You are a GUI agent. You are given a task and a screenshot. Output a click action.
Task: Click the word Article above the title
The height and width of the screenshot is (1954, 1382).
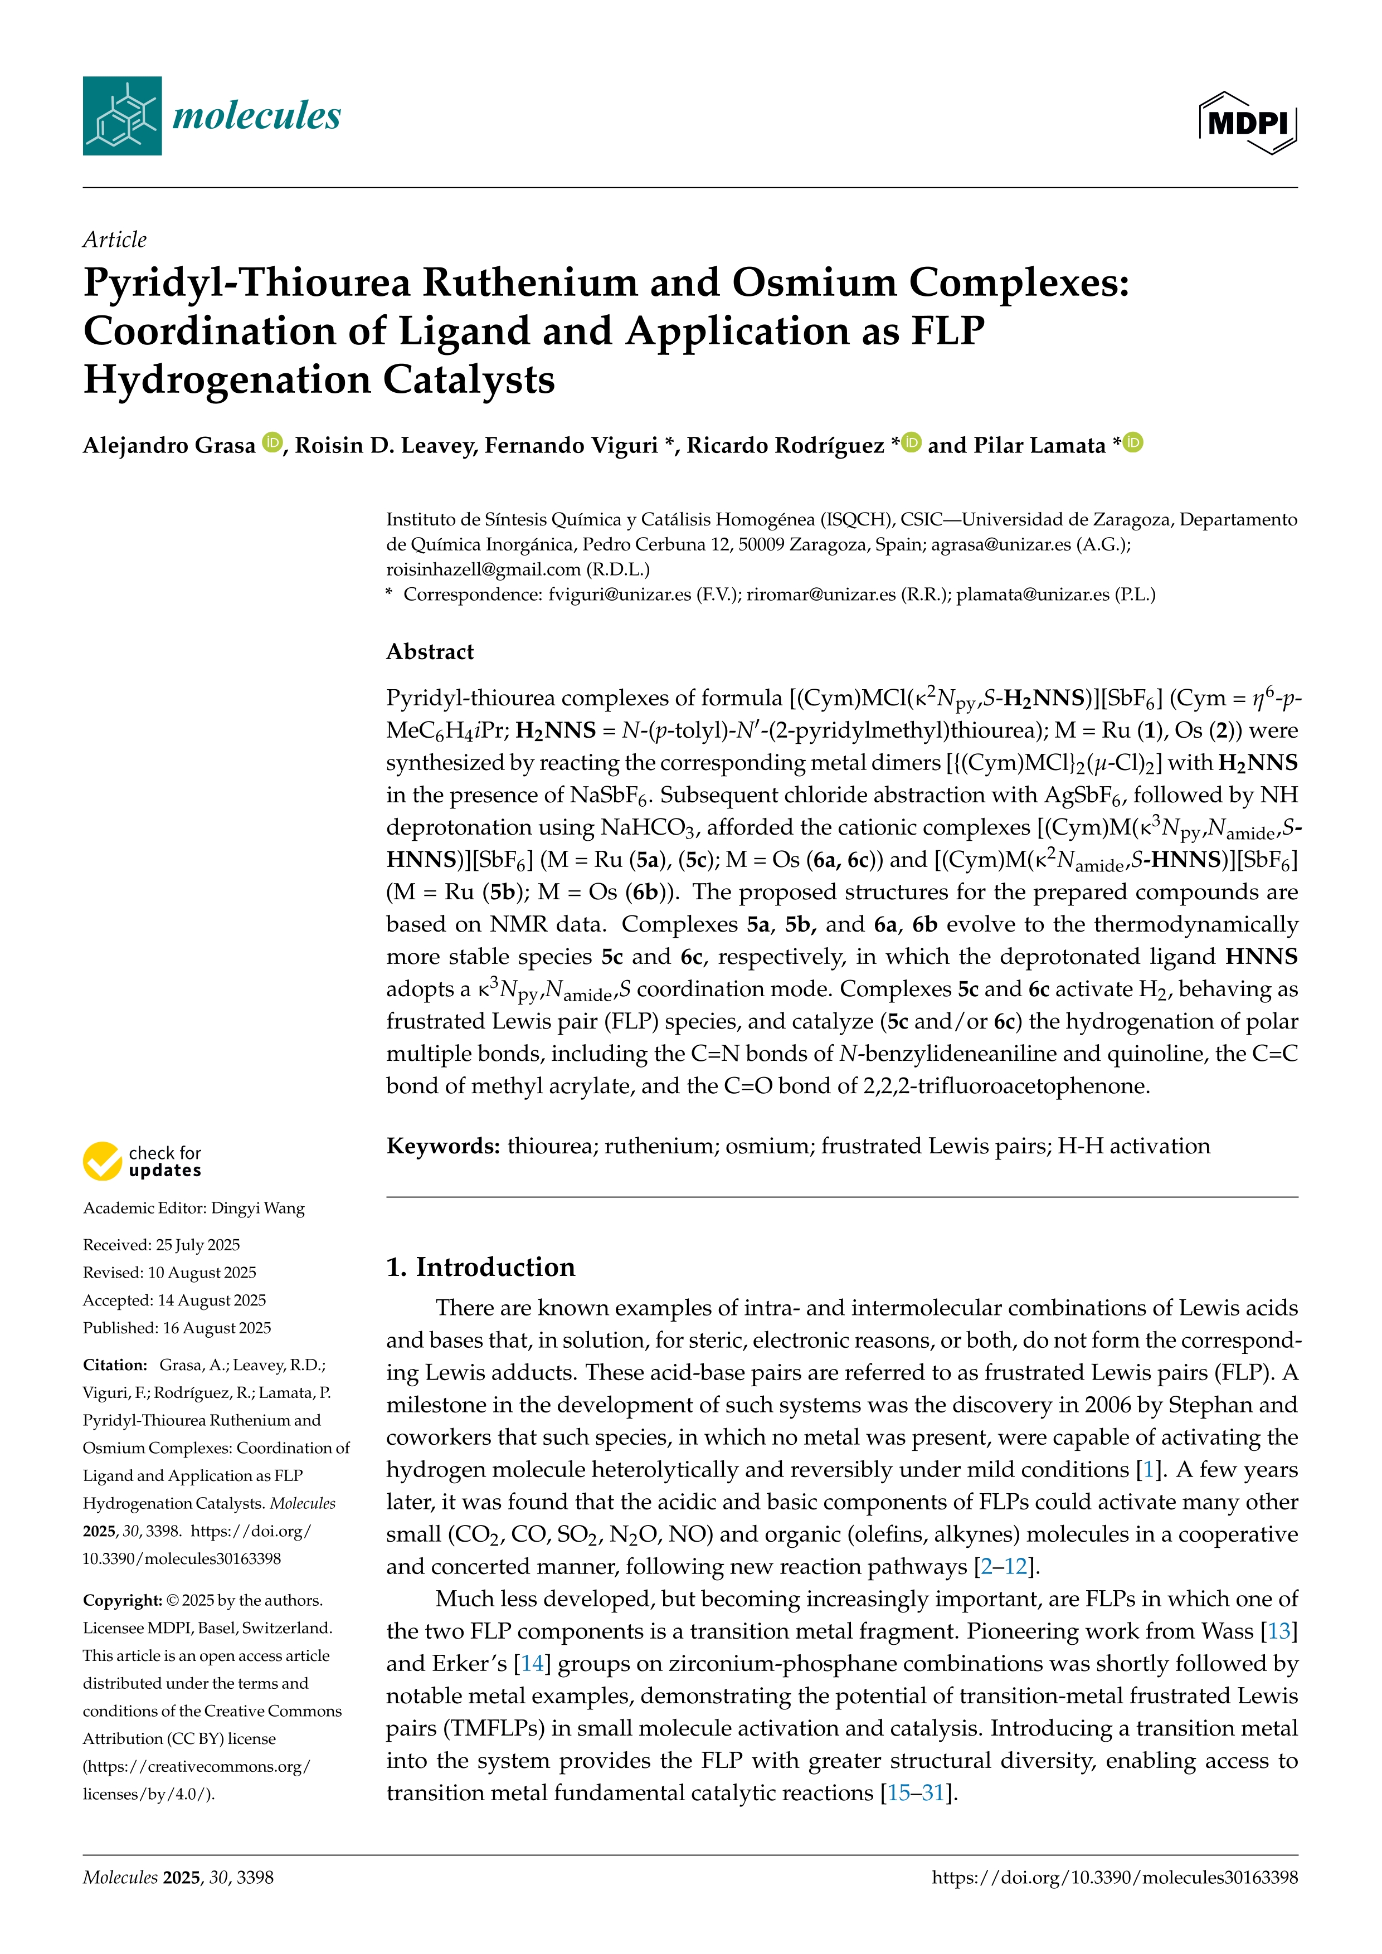tap(114, 240)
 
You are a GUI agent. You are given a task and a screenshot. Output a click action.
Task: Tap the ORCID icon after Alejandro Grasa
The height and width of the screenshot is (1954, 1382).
tap(272, 442)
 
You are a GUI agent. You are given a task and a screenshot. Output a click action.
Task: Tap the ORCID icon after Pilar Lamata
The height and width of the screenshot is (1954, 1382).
tap(1133, 442)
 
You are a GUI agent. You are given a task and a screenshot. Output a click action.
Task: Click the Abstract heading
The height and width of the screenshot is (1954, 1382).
tap(430, 652)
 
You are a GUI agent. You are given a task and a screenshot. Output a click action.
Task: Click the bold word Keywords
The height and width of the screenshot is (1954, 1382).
tap(442, 1146)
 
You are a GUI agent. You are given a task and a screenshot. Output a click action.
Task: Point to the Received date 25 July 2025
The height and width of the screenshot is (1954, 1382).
tap(197, 1245)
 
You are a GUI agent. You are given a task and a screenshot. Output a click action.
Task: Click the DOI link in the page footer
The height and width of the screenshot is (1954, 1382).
tap(1114, 1878)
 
